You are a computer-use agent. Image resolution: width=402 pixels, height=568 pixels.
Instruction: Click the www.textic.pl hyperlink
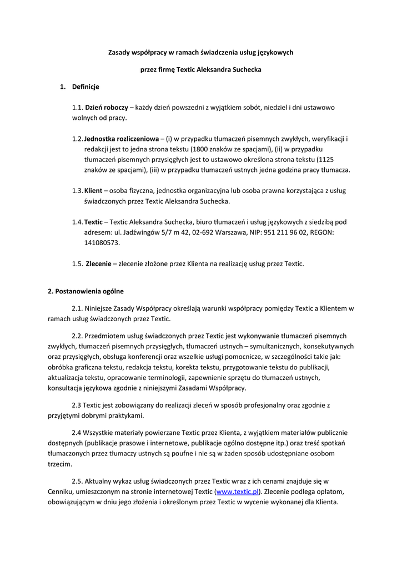pyautogui.click(x=237, y=491)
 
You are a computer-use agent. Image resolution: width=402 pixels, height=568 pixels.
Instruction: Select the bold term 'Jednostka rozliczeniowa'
pyautogui.click(x=121, y=138)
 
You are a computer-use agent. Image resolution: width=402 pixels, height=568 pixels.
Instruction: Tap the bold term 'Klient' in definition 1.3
pyautogui.click(x=93, y=190)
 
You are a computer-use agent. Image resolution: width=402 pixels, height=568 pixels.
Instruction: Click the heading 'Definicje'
pyautogui.click(x=86, y=87)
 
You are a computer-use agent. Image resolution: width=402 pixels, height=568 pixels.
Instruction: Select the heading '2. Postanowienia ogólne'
pyautogui.click(x=86, y=291)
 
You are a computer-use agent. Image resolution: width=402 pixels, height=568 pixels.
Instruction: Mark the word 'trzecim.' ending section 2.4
pyautogui.click(x=60, y=464)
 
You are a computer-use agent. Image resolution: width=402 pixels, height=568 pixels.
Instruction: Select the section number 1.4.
pyautogui.click(x=77, y=222)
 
